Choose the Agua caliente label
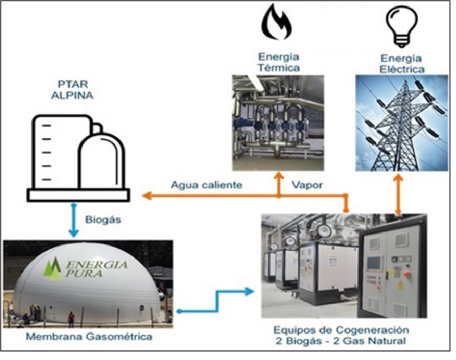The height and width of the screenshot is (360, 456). [206, 185]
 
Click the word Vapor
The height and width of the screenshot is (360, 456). [307, 185]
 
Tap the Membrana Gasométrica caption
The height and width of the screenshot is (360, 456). [83, 336]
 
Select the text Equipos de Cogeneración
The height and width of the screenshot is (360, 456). [341, 330]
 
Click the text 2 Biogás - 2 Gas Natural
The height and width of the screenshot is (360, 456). [341, 341]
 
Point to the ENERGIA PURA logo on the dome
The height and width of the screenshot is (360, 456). [86, 268]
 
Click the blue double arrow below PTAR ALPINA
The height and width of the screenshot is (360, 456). [74, 220]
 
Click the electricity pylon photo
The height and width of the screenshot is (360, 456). [402, 123]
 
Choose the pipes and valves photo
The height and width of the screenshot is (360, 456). [278, 123]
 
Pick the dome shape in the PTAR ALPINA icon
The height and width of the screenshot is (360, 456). [101, 158]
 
